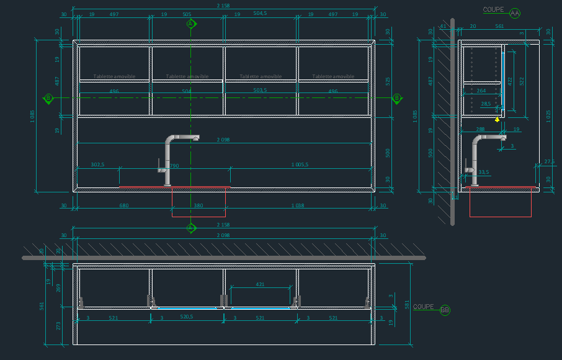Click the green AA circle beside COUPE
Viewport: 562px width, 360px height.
pos(515,12)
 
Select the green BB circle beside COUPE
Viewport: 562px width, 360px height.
pos(445,310)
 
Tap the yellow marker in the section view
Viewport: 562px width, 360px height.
pos(497,119)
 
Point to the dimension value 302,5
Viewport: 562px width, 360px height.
pos(97,164)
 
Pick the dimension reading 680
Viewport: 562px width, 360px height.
pos(123,205)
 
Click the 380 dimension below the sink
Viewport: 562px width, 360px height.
pos(198,205)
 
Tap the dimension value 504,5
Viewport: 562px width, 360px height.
pos(261,13)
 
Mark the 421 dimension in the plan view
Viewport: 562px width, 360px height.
pos(261,284)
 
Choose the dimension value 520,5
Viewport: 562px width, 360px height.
pos(187,317)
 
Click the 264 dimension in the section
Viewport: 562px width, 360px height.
pos(481,91)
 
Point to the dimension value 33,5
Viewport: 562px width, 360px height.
pos(484,172)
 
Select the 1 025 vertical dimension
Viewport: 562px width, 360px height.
pos(548,116)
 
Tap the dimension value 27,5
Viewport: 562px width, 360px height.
pos(549,161)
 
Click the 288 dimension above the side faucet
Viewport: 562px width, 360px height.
pos(480,129)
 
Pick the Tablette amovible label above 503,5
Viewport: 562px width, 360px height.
pos(261,77)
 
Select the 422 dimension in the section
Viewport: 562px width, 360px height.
pos(510,81)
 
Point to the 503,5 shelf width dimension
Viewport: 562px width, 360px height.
pos(261,91)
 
